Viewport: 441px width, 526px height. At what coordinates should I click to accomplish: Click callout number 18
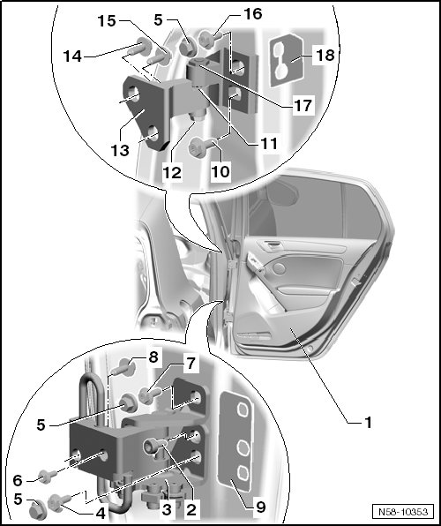[325, 55]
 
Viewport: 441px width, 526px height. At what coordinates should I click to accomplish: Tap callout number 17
[303, 105]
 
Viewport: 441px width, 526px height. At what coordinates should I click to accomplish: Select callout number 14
[72, 56]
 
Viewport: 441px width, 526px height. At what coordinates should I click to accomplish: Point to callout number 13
[120, 151]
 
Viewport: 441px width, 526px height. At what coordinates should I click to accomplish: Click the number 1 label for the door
[368, 422]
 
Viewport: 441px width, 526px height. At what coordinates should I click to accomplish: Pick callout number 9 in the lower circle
[260, 507]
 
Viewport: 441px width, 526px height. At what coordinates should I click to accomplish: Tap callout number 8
[153, 357]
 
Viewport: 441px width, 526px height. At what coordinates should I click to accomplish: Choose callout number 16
[252, 14]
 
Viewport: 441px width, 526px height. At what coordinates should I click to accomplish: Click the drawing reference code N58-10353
[403, 512]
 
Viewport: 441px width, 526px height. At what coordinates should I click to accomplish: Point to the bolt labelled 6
[47, 476]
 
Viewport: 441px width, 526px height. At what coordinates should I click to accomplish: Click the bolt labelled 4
[59, 502]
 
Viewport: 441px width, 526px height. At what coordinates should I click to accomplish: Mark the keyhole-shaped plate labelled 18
[287, 60]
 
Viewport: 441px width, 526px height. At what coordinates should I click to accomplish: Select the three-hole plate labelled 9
[235, 440]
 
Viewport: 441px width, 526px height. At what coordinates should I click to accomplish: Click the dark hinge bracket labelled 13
[146, 113]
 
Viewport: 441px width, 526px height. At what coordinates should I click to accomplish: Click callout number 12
[172, 173]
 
